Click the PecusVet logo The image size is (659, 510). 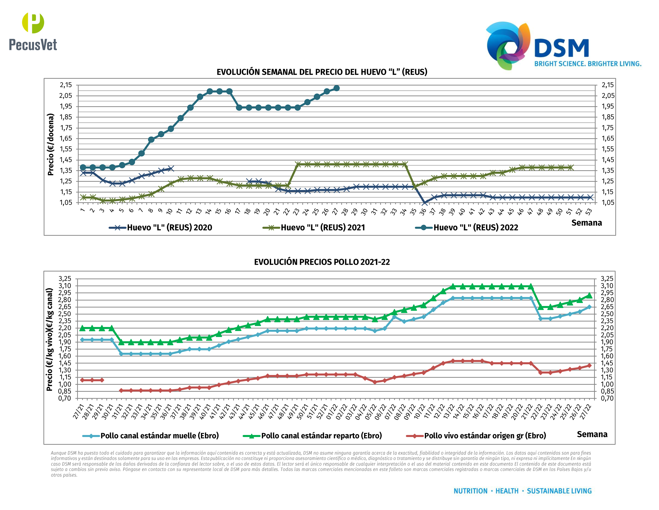point(33,32)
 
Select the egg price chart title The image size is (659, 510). point(322,72)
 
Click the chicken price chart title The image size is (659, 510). point(322,262)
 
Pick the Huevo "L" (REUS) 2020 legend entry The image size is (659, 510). point(161,227)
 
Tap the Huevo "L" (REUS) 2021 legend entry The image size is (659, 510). point(314,227)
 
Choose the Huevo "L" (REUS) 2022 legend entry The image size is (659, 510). point(467,227)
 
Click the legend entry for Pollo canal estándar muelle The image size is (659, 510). point(151,436)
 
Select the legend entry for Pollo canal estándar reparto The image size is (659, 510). point(312,436)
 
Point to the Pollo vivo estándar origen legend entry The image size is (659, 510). point(476,436)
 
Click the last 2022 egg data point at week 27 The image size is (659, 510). point(336,88)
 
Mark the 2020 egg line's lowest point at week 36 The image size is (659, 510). point(424,203)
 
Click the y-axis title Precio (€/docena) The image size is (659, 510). point(51,144)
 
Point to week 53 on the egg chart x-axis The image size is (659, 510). point(589,212)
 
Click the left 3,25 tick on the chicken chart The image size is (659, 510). point(65,278)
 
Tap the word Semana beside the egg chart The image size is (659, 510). point(586,223)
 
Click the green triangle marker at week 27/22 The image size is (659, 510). point(589,295)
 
